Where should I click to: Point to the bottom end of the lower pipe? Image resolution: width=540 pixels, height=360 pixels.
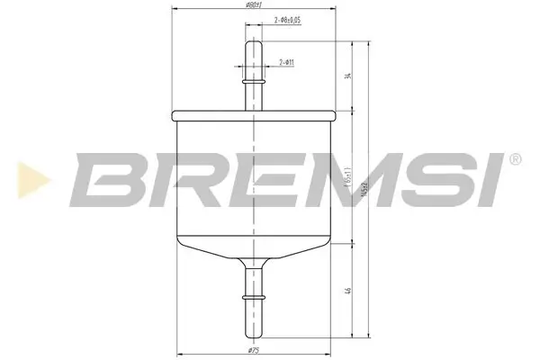pyautogui.click(x=255, y=330)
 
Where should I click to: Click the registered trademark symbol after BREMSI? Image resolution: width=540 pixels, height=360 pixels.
pyautogui.click(x=515, y=160)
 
